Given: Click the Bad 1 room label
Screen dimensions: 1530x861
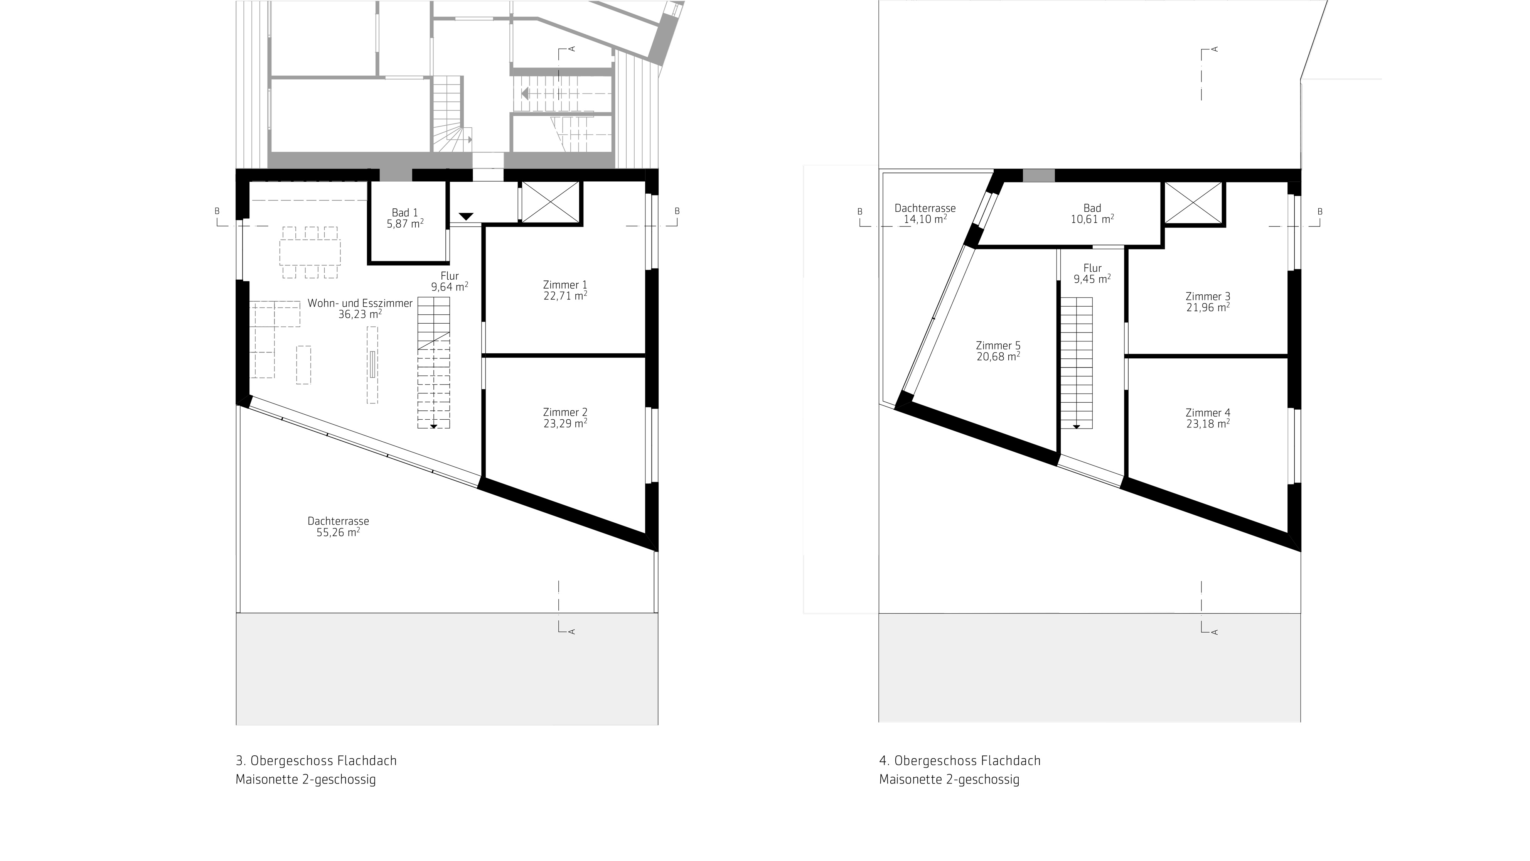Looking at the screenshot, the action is [405, 213].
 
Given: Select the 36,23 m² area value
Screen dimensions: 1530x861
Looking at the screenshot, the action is [360, 314].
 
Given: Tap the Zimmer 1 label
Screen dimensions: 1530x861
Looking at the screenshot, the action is [565, 285].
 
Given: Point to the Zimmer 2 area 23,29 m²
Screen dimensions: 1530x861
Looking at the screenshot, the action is [565, 423].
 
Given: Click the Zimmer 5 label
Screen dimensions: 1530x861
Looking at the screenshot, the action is [998, 345].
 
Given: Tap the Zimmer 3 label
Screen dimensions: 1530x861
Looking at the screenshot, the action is [1208, 296].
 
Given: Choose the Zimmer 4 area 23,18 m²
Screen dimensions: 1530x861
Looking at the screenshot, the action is [1208, 424].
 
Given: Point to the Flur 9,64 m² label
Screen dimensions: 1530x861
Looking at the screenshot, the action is [450, 281].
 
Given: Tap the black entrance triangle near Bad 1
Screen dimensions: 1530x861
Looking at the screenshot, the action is [466, 216].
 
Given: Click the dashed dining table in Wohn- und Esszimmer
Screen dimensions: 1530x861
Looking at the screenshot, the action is [310, 252].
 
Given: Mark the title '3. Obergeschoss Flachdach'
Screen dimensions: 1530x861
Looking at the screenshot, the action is [316, 761].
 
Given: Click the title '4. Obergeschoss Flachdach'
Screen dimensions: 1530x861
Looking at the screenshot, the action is [960, 761].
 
